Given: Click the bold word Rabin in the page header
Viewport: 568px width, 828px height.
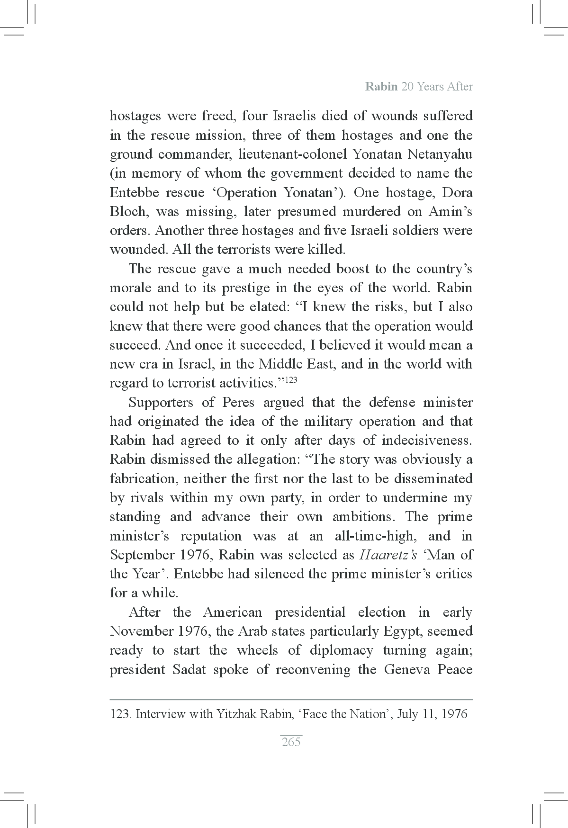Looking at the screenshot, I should tap(381, 87).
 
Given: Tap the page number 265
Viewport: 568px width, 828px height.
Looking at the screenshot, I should tap(291, 742).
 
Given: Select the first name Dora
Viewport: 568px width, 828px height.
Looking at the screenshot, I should tap(457, 193).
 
